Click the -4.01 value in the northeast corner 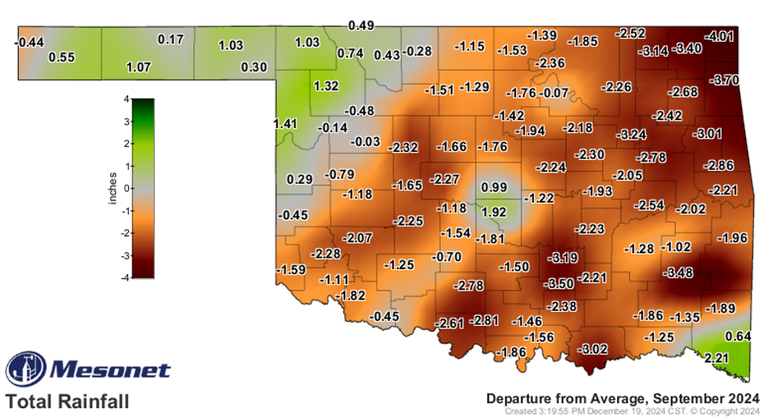[x=721, y=37]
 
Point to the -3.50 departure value [x=559, y=283]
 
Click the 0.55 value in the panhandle [x=62, y=57]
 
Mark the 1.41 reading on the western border [x=286, y=124]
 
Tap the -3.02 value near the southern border [x=593, y=349]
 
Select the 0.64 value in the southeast [x=737, y=336]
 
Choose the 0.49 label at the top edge [x=361, y=25]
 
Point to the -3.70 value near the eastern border [x=725, y=80]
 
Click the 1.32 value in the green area [x=326, y=86]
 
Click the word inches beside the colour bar [x=113, y=189]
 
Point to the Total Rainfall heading [x=68, y=402]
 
